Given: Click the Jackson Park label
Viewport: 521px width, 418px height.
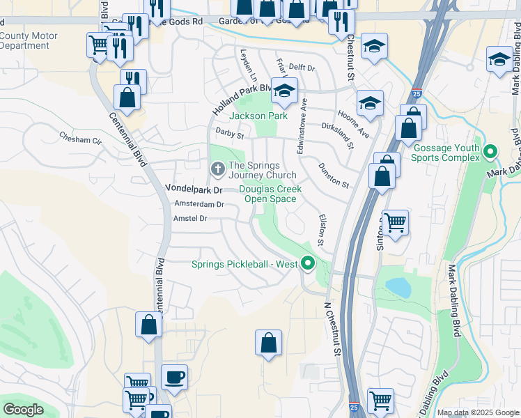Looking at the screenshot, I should click(258, 116).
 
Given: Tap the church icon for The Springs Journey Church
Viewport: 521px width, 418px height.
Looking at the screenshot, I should click(218, 169).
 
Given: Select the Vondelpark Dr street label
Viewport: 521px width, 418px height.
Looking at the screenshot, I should click(193, 189).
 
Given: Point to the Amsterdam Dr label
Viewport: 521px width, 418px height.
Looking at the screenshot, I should click(199, 204).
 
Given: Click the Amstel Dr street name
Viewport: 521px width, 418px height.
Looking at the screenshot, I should click(190, 219).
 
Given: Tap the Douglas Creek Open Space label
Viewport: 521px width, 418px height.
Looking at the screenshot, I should click(270, 194).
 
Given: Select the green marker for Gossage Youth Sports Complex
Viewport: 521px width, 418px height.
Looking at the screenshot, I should click(490, 151).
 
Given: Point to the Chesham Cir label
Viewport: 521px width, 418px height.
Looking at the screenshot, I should click(80, 139).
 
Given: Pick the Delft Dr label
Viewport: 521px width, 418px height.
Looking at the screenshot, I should click(302, 68).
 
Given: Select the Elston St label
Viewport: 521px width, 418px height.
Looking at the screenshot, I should click(322, 229).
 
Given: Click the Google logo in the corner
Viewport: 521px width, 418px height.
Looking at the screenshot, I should click(23, 410).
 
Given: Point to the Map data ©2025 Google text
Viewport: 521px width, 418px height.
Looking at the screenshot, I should click(479, 413).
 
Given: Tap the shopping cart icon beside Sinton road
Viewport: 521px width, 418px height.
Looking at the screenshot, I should click(395, 224).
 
